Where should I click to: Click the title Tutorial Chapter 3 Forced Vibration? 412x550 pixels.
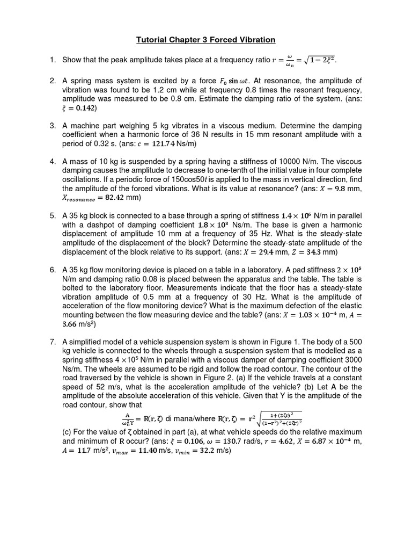[206, 40]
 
